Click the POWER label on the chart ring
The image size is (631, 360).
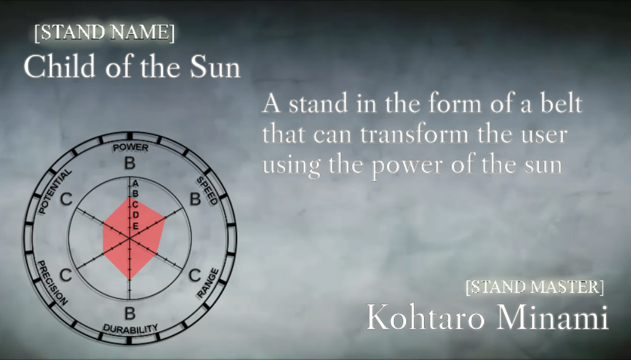(130, 148)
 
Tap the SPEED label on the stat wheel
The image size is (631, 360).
(207, 190)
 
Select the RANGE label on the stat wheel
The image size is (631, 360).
(207, 283)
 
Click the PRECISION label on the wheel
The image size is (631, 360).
(52, 282)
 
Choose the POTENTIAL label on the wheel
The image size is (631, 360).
(55, 191)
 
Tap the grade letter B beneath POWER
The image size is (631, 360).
(130, 164)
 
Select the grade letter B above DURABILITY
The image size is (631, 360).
(130, 313)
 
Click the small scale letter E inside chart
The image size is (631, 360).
(136, 226)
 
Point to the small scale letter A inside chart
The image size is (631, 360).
(136, 183)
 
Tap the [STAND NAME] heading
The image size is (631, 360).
(104, 33)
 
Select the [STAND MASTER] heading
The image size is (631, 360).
(535, 287)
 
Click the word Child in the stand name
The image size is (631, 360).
(59, 67)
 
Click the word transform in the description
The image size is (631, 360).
(414, 134)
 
